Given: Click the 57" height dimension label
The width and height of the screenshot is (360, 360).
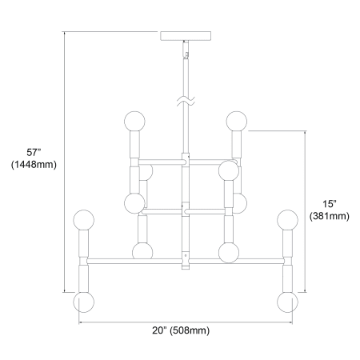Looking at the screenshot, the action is click(x=34, y=153).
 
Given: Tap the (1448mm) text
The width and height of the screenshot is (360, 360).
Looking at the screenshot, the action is click(x=34, y=165).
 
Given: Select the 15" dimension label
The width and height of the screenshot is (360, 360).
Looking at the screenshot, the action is click(x=330, y=204).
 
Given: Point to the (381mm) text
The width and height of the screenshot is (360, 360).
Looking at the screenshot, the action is click(x=330, y=216).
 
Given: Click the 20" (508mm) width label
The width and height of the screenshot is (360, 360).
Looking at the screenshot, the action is click(x=181, y=330).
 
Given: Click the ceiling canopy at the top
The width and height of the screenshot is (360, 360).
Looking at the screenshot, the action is click(x=186, y=36).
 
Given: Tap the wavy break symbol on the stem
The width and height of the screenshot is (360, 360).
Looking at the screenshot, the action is click(x=186, y=102).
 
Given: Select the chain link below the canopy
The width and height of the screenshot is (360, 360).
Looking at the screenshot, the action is click(x=186, y=49).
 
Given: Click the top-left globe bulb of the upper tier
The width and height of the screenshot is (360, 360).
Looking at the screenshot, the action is click(x=134, y=122).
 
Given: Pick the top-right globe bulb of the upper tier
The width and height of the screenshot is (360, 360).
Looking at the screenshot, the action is click(x=237, y=122).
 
